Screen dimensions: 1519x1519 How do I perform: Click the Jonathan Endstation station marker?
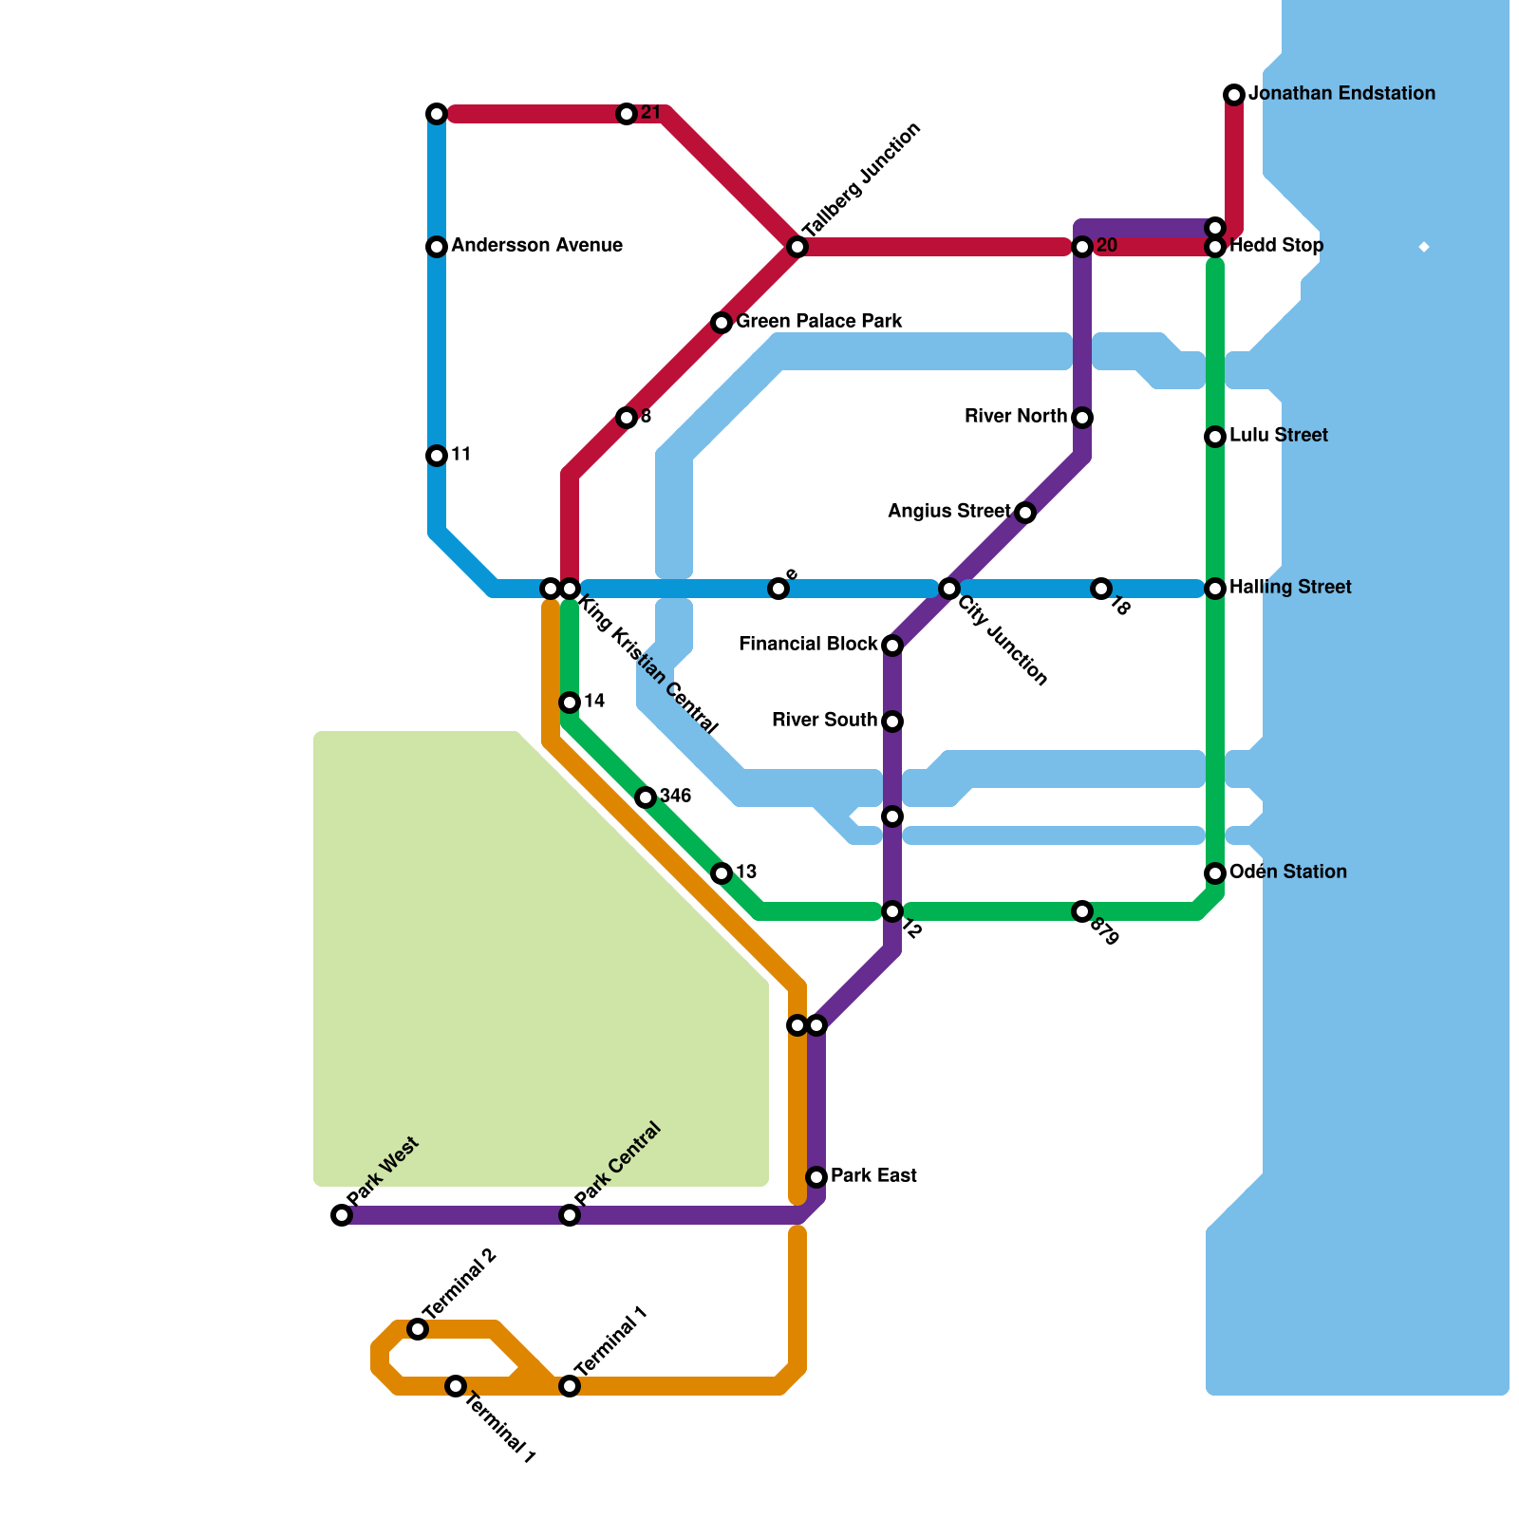click(1234, 94)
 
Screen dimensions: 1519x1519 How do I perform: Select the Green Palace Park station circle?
click(722, 323)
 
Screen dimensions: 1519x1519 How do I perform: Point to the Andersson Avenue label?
click(536, 246)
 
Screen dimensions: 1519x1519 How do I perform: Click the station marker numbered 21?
click(627, 114)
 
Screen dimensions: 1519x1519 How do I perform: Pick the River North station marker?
click(1082, 418)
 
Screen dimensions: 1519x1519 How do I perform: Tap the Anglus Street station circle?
click(1025, 513)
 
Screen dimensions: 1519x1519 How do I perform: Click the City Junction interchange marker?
click(949, 589)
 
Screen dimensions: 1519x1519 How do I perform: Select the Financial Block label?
click(808, 645)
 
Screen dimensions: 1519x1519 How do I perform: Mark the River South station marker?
click(892, 722)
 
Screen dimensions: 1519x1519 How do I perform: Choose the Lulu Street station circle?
click(1215, 437)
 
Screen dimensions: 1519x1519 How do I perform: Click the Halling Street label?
click(1290, 588)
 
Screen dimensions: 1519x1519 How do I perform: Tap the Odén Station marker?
click(1215, 873)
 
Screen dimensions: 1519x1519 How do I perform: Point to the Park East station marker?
click(816, 1177)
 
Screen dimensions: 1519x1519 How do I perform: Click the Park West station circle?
click(342, 1215)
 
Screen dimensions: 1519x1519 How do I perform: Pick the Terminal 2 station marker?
click(418, 1329)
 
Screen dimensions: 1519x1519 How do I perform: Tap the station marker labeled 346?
click(646, 797)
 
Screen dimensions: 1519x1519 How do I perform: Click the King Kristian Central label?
click(648, 665)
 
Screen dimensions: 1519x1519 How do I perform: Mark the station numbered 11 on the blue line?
click(437, 456)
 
